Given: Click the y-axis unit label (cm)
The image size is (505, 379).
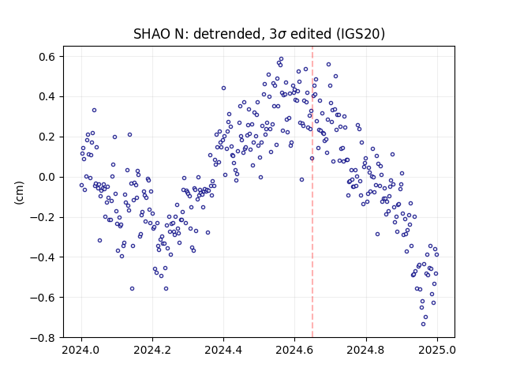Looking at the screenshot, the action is click(19, 193).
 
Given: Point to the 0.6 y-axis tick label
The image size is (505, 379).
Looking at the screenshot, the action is click(47, 57).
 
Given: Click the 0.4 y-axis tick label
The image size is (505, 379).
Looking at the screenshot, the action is click(47, 96).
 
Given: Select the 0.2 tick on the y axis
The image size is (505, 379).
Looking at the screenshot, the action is click(47, 137).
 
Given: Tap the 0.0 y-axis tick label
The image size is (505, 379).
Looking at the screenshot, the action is click(47, 177).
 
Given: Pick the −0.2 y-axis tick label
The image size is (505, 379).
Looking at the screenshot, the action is click(43, 217).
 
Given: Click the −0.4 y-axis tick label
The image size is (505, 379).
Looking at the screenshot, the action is click(43, 257).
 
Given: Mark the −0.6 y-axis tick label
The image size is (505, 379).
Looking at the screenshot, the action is click(43, 297).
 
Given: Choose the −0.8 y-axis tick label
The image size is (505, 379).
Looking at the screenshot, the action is click(43, 337).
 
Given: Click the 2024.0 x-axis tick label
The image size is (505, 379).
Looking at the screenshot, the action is click(80, 350).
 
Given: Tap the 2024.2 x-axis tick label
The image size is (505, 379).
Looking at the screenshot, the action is click(152, 350).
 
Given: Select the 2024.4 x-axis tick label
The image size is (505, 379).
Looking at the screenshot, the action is click(223, 350).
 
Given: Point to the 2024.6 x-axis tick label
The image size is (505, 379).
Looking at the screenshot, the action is click(294, 350).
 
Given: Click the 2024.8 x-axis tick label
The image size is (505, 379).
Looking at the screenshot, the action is click(365, 350).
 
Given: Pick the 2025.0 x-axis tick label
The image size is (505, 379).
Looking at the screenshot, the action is click(437, 350).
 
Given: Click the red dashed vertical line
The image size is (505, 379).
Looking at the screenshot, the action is click(312, 192).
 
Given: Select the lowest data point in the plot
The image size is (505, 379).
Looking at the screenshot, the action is click(423, 324).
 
